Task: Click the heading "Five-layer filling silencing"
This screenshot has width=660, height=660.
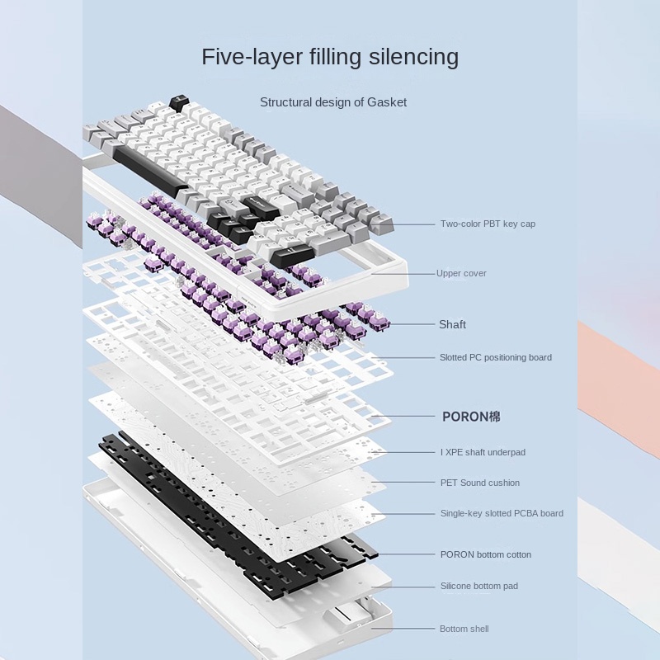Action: click(x=330, y=57)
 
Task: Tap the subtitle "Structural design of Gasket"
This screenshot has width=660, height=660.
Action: click(x=333, y=102)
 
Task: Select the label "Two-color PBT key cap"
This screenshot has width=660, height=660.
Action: click(x=488, y=224)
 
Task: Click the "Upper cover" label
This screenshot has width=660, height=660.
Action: click(x=462, y=273)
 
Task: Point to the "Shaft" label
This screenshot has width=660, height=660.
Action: click(x=452, y=324)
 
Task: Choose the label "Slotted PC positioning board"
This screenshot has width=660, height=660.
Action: click(x=496, y=357)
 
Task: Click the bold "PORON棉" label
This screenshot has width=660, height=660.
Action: click(x=471, y=417)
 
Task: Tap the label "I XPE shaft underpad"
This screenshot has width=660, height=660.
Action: click(x=483, y=452)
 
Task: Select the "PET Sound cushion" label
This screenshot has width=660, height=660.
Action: click(x=480, y=483)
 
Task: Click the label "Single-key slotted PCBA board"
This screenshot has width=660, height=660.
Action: click(x=502, y=513)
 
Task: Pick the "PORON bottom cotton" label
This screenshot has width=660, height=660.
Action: click(x=486, y=554)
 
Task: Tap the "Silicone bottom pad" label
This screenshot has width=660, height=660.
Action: click(x=479, y=586)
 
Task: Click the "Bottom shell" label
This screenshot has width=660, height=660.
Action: click(x=464, y=629)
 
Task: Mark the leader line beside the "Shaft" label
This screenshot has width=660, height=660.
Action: click(x=412, y=324)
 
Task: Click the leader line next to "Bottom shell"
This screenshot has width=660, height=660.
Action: click(x=404, y=629)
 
